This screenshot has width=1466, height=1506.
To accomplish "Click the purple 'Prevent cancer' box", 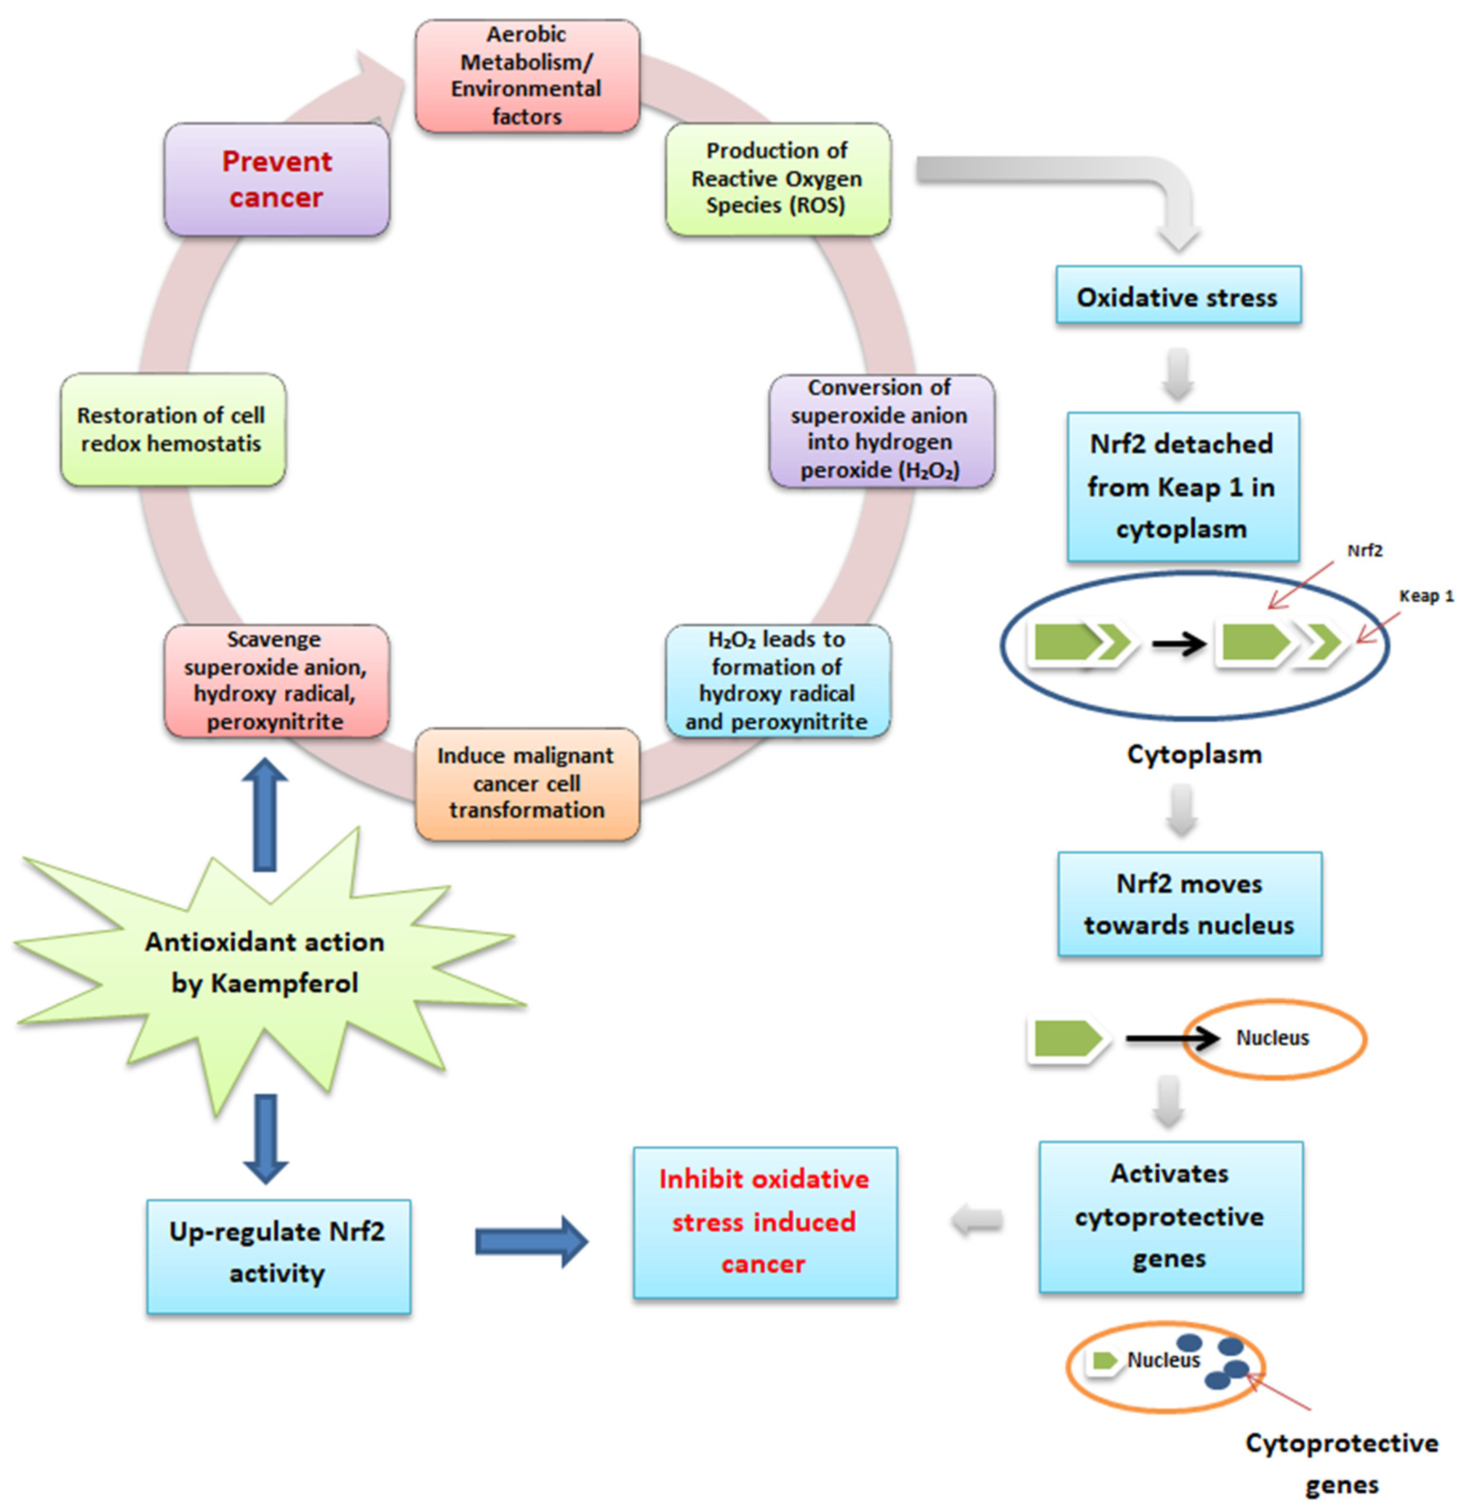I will click(276, 179).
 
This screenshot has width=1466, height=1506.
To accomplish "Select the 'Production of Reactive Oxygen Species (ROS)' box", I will click(778, 178).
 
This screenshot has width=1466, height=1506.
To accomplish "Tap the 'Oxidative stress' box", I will click(1177, 296).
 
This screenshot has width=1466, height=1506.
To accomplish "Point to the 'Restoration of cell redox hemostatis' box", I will click(173, 430).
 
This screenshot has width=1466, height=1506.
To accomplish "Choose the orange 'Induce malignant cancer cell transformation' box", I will click(527, 783).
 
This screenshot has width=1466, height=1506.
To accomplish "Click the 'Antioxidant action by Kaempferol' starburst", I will click(264, 963).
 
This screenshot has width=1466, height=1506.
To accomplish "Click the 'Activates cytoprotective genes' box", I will click(1170, 1216).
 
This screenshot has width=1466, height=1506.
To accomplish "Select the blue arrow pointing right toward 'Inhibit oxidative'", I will click(531, 1241).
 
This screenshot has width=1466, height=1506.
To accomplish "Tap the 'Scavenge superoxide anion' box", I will click(276, 681).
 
